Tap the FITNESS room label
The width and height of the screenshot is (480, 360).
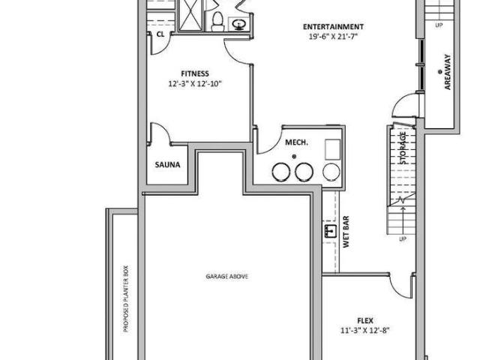194,73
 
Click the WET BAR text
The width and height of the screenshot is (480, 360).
346,233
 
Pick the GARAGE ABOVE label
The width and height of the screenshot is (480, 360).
227,276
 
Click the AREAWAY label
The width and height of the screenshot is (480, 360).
448,71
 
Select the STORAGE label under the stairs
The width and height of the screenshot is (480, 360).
403,148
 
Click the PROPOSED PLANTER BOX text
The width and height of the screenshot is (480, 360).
126,300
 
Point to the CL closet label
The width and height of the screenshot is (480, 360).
160,34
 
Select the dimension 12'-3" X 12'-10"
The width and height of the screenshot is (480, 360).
194,84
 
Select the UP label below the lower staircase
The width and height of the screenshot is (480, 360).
403,239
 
